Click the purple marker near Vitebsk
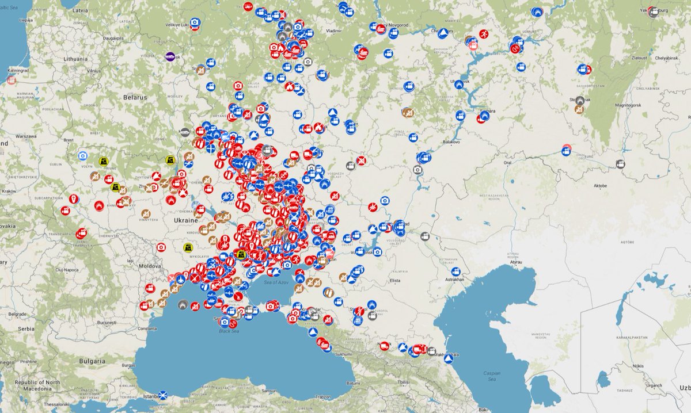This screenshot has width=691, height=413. coord(170,56)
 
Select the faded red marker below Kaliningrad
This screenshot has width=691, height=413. coord(11,81)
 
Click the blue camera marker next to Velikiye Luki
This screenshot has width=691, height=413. coord(195,22)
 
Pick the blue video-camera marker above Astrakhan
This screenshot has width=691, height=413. coord(456,271)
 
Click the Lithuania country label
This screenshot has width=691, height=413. coord(75,59)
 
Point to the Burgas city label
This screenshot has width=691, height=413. coord(130,365)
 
